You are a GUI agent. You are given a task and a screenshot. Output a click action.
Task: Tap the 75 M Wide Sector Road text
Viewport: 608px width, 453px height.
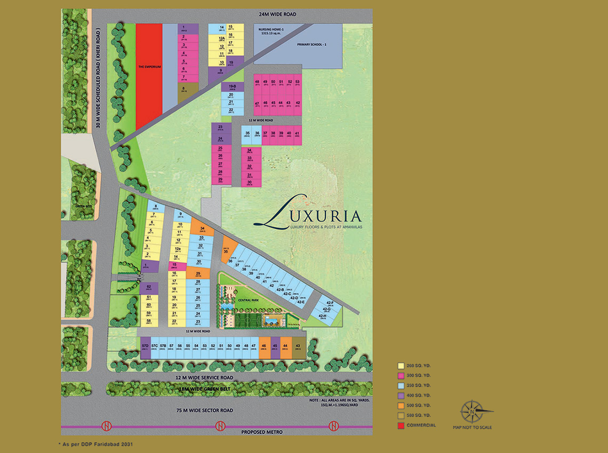[x=205, y=410]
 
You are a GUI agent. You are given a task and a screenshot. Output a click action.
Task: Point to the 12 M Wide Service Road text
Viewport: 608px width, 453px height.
[x=204, y=377]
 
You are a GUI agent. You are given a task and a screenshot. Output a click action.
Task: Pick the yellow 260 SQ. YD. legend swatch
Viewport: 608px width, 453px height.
[x=401, y=366]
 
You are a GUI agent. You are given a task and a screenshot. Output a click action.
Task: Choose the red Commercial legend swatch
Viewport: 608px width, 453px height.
[x=401, y=425]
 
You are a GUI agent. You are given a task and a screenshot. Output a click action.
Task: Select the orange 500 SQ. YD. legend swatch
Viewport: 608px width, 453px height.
[x=401, y=406]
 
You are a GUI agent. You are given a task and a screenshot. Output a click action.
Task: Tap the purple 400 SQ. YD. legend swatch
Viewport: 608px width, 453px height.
[x=401, y=395]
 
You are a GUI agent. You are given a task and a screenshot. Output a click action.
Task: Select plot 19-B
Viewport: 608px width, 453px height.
[x=232, y=86]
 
